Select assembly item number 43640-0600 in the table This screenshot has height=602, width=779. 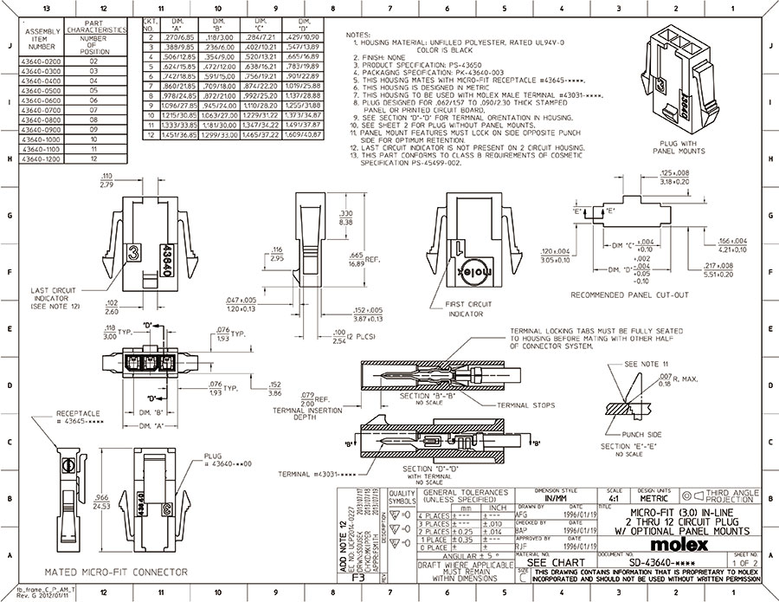pos(42,100)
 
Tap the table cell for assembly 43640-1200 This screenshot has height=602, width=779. pos(42,159)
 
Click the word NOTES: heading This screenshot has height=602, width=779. pos(357,36)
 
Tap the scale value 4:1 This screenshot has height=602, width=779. pos(614,499)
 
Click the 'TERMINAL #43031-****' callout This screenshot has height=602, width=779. pos(309,475)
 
